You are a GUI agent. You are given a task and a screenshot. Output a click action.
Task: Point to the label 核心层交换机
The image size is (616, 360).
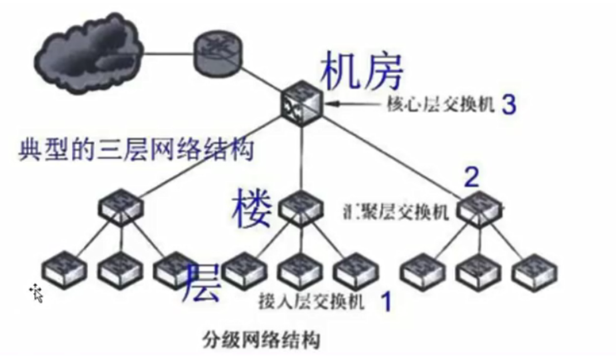[440, 105]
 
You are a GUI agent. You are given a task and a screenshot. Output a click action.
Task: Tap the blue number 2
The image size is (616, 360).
[472, 178]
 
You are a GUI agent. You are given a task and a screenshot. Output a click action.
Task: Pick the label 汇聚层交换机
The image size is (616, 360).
[396, 212]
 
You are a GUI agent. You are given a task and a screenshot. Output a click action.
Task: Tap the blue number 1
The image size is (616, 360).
[385, 302]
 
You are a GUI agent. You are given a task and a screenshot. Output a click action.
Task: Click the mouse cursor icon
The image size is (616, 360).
[37, 291]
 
